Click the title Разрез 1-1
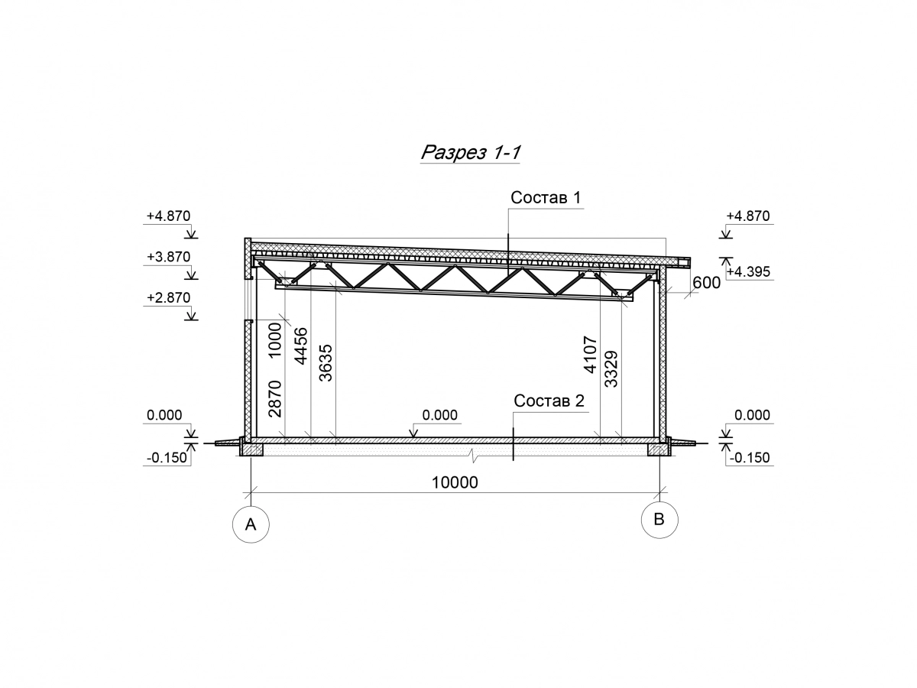click(x=470, y=152)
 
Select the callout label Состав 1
click(x=545, y=197)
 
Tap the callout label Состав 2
click(x=549, y=401)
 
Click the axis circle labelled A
click(x=251, y=524)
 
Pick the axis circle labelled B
click(x=659, y=520)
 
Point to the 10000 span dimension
click(x=455, y=483)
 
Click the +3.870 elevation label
click(x=168, y=257)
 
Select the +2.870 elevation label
click(x=168, y=298)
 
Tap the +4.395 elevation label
click(x=748, y=272)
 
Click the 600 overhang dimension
click(x=706, y=283)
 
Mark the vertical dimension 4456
click(x=301, y=346)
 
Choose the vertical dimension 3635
click(x=326, y=363)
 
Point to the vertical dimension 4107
click(x=590, y=354)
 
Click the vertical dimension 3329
click(x=611, y=369)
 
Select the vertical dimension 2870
click(x=275, y=399)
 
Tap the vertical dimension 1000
click(x=275, y=339)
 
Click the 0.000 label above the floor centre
click(x=439, y=415)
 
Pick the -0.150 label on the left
click(x=167, y=458)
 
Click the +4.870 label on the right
click(x=748, y=216)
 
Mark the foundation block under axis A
click(x=251, y=449)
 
